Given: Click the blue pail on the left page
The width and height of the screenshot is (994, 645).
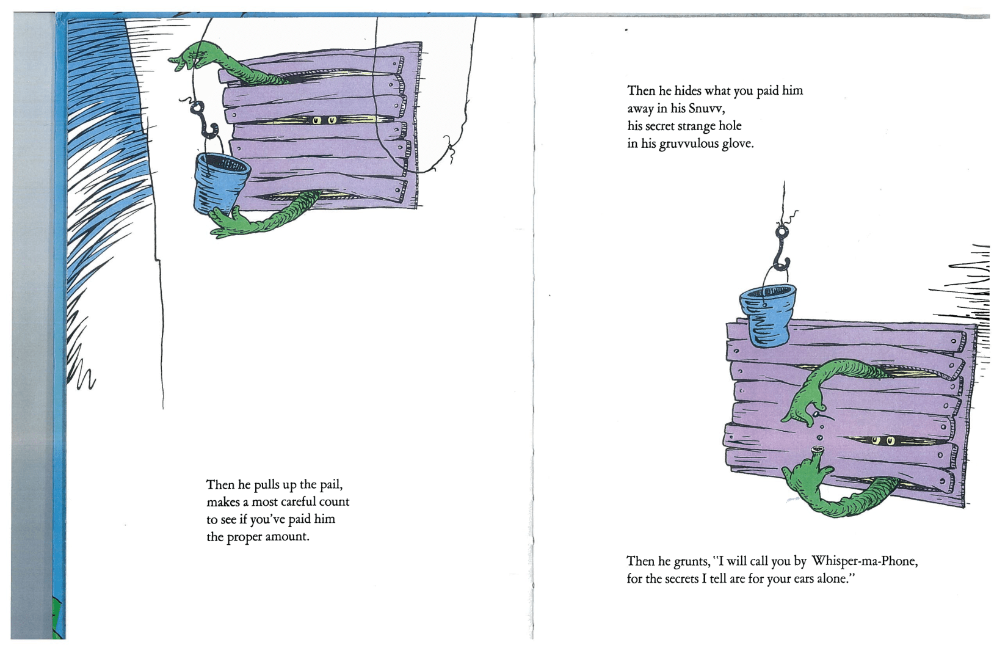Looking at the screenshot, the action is pos(222,183).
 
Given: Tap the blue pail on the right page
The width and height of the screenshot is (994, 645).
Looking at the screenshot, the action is pos(767,315).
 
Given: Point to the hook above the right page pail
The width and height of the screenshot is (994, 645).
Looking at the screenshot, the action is pos(782,249).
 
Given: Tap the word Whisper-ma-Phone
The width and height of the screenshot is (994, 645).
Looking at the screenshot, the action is pos(864,561).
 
